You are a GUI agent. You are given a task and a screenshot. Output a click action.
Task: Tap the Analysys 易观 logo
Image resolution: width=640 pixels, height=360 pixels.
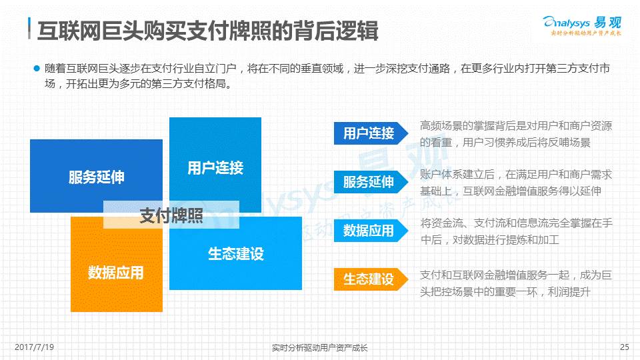582,26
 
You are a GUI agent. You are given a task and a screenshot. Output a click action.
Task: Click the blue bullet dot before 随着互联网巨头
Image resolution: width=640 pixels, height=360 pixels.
37,69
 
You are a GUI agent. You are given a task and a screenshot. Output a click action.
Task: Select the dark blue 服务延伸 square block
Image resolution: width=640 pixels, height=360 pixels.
96,176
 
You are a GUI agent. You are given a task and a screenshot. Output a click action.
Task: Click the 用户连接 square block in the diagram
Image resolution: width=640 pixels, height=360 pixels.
215,165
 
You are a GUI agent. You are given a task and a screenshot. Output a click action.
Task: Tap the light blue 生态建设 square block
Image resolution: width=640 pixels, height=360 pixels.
235,253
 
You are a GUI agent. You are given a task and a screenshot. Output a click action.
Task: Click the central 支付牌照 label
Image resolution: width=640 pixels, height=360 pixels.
171,215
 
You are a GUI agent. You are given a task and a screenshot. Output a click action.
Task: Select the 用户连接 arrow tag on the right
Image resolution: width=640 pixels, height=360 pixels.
371,133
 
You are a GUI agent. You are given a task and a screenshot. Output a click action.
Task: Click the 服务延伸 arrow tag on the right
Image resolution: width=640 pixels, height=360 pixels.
371,181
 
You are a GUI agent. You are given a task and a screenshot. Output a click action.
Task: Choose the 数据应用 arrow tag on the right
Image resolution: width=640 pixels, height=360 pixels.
371,231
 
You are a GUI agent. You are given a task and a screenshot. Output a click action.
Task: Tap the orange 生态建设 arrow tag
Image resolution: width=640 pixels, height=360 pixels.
371,279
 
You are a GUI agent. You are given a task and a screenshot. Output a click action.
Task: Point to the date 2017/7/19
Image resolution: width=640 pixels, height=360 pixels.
34,347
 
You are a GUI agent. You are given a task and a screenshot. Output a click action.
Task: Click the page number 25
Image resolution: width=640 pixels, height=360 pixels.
625,347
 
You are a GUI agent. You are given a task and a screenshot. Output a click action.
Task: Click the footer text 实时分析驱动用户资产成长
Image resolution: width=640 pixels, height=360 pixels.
320,348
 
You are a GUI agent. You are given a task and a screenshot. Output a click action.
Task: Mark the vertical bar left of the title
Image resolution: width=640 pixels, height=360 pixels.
29,29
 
